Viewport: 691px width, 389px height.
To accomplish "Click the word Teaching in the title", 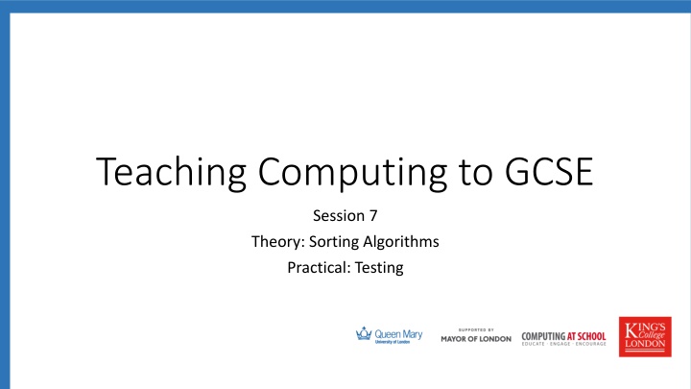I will click(x=172, y=177).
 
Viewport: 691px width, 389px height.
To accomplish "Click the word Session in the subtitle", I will click(x=339, y=217).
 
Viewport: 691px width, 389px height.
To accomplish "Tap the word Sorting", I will click(x=333, y=242).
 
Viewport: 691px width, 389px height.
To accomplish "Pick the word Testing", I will click(x=380, y=267).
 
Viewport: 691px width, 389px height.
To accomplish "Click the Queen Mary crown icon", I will click(x=363, y=334).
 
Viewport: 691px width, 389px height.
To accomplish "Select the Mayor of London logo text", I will click(x=476, y=339).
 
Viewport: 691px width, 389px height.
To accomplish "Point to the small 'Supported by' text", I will click(x=476, y=328).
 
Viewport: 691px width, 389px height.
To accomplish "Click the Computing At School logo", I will click(x=563, y=337).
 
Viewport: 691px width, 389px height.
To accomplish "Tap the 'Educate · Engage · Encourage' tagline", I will click(x=563, y=344).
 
